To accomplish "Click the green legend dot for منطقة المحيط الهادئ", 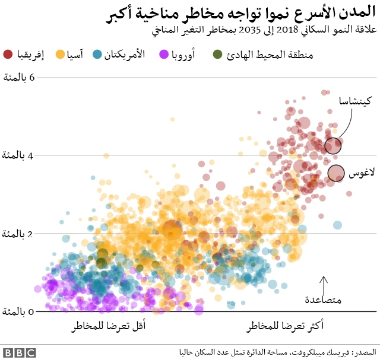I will [x=218, y=55].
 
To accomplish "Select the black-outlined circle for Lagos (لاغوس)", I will [x=337, y=173].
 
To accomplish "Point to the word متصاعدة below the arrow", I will [x=323, y=300].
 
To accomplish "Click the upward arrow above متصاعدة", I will [x=324, y=282].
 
